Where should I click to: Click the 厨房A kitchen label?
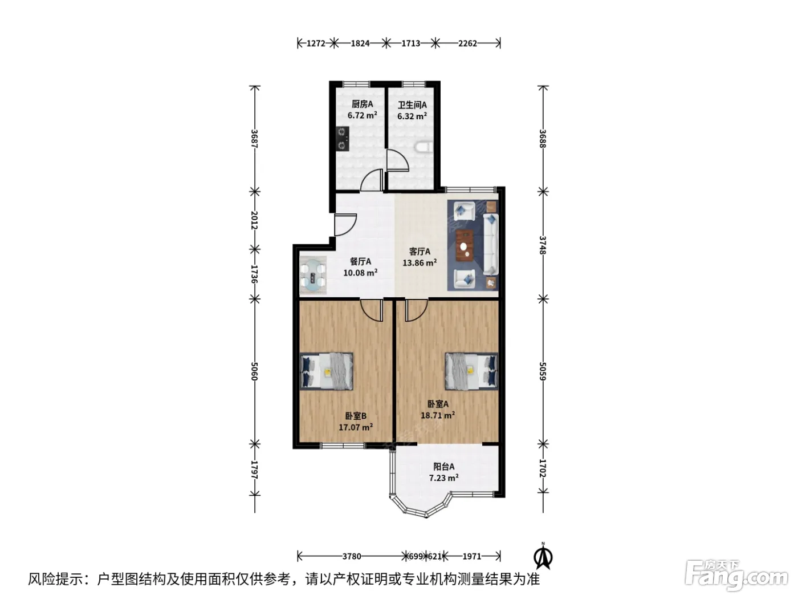click(x=362, y=104)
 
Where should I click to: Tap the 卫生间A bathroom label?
click(x=412, y=105)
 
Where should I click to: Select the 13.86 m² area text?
click(x=420, y=262)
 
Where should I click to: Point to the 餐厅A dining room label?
click(x=360, y=261)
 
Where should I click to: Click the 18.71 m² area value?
click(x=438, y=415)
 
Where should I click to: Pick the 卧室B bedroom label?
click(x=356, y=416)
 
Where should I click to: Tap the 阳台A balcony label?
click(x=443, y=466)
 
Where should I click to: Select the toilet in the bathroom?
click(x=424, y=147)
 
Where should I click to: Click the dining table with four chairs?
click(x=313, y=276)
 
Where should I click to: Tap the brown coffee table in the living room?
click(x=465, y=246)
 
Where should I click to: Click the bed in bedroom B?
click(x=327, y=371)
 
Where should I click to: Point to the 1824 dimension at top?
click(x=360, y=43)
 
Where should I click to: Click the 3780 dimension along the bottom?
click(x=352, y=556)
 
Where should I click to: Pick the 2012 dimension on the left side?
click(x=254, y=220)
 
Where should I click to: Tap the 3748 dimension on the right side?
click(x=543, y=245)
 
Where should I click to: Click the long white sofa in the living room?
click(x=491, y=244)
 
